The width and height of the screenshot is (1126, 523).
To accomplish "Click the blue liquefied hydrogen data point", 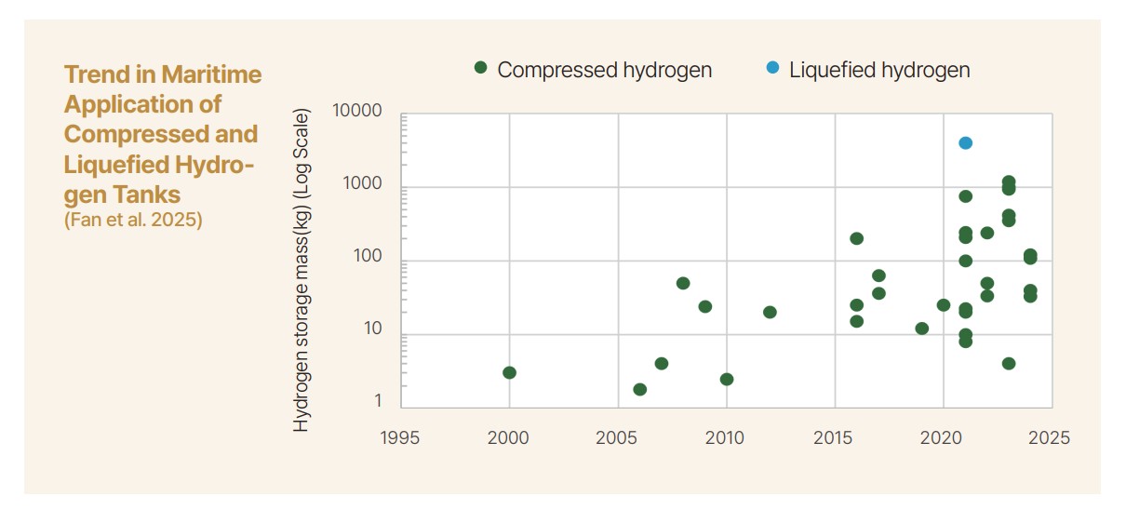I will [965, 142].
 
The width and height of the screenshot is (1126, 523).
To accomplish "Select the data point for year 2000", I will [509, 372].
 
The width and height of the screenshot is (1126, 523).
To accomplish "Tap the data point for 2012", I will [770, 312].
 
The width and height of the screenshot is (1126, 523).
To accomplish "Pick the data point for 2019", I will [921, 329].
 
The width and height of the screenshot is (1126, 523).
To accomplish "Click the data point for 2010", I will [727, 379].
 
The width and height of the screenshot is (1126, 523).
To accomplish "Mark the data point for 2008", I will [683, 283].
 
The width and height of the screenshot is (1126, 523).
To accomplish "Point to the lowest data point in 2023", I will [1009, 363].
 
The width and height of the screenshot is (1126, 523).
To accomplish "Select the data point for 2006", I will [640, 389].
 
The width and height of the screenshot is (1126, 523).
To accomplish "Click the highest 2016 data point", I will [856, 238].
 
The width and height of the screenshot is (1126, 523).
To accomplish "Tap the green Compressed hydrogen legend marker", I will [480, 68].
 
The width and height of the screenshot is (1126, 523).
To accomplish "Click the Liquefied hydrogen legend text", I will [879, 70].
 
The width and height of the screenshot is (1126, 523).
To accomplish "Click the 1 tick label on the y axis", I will [378, 401].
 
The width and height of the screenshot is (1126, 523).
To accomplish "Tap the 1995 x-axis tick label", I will [401, 437].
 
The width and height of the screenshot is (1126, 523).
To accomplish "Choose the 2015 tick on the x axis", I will [835, 437].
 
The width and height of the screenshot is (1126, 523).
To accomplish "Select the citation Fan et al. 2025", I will [132, 221].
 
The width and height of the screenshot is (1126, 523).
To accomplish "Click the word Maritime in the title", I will [211, 74].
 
